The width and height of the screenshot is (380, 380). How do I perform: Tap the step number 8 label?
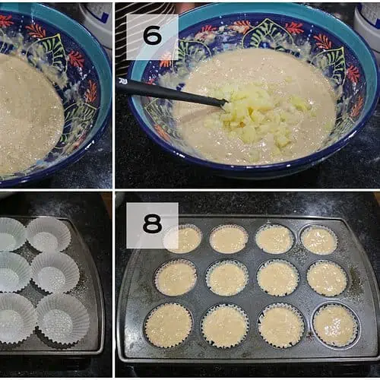(x=152, y=223)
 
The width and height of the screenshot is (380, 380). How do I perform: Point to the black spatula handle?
(x=173, y=92)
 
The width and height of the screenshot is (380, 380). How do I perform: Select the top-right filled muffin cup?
(x=319, y=240)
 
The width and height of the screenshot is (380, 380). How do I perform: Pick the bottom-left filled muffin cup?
(x=168, y=325)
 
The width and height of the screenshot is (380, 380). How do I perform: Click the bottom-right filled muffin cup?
(x=336, y=325)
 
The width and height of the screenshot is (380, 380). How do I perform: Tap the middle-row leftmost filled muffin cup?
(x=176, y=277)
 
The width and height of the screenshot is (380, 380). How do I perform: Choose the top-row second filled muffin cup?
(x=229, y=239)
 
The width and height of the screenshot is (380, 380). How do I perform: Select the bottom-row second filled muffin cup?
(x=225, y=325)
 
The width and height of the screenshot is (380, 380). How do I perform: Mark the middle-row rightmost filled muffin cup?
(x=327, y=278)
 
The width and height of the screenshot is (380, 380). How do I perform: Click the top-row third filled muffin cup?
(x=275, y=239)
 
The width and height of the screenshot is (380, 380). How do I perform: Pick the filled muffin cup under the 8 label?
(x=183, y=238)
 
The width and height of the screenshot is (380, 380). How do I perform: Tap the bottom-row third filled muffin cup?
(x=281, y=326)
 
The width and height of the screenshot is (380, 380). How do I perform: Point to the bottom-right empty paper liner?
(x=62, y=321)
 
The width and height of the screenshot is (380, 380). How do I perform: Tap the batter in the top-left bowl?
(x=28, y=114)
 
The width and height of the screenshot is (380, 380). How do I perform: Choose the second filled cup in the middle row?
(x=227, y=278)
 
